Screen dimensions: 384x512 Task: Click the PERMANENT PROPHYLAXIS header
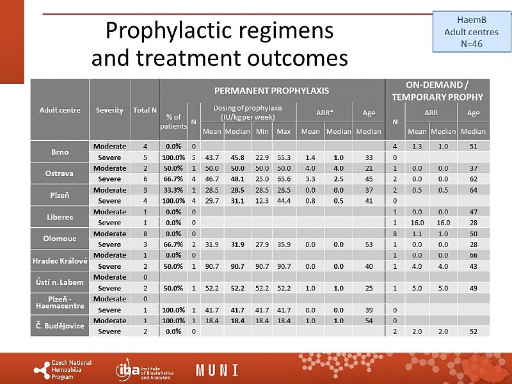coord(271,90)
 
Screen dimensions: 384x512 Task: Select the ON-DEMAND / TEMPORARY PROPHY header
coord(438,90)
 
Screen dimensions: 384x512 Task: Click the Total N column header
coord(145,110)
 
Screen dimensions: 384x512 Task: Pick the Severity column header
coord(109,110)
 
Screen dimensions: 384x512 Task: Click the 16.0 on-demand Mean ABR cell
coord(417,222)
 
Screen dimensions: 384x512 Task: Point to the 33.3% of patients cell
coord(173,190)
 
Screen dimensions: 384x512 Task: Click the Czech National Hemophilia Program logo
coord(63,369)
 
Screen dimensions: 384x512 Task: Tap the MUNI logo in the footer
coord(217,369)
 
